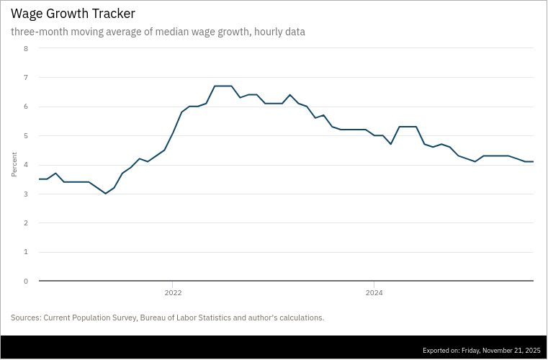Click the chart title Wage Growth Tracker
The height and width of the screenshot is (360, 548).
(x=73, y=14)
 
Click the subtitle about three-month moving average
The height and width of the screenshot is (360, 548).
(x=158, y=32)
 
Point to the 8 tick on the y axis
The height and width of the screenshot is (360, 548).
(x=26, y=48)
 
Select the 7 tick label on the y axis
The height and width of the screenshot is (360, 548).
(x=26, y=77)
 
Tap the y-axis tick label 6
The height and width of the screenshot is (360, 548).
(x=26, y=107)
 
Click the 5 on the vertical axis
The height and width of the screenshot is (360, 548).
(x=26, y=135)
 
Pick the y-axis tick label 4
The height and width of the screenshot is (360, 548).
(x=26, y=165)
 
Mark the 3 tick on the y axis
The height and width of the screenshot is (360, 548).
(x=26, y=194)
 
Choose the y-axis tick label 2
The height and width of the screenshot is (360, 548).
(x=26, y=223)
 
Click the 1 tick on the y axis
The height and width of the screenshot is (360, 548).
(x=26, y=252)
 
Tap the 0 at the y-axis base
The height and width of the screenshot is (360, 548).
(x=26, y=282)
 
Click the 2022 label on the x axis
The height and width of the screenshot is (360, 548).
(x=173, y=293)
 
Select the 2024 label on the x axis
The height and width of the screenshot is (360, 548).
(x=374, y=293)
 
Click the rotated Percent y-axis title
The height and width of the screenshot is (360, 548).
(x=14, y=165)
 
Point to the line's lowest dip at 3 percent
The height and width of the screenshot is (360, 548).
(x=106, y=193)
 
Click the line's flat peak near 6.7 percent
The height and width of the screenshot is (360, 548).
(x=223, y=86)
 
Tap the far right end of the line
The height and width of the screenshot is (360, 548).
(x=533, y=161)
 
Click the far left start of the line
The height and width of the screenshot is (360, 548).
(x=40, y=179)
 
